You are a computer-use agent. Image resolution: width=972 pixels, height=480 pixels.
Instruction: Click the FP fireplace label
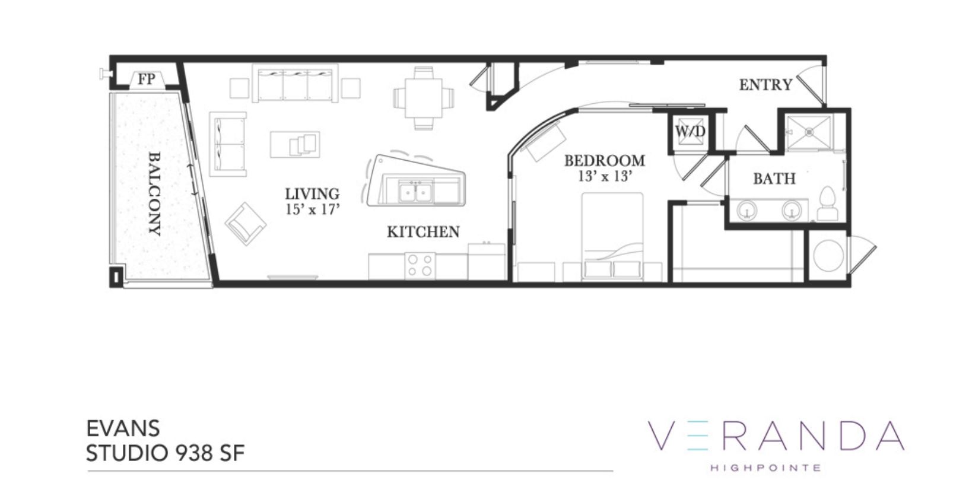click(147, 80)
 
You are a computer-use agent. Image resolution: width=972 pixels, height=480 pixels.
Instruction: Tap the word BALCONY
click(154, 193)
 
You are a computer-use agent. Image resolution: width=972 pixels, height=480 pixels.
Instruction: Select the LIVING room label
click(312, 193)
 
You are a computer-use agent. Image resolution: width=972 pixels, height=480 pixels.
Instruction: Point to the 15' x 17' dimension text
click(312, 209)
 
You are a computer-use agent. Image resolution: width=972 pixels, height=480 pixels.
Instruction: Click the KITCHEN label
click(423, 232)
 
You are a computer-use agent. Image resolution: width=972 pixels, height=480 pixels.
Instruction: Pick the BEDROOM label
click(605, 161)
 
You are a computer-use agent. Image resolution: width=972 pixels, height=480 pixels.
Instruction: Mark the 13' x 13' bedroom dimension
click(605, 176)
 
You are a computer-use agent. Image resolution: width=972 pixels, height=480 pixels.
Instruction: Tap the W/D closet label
click(690, 131)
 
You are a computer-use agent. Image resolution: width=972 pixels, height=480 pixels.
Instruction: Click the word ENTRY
click(766, 85)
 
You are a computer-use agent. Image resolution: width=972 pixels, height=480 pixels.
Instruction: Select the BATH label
click(774, 179)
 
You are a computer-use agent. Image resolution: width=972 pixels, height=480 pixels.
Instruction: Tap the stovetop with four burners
click(420, 265)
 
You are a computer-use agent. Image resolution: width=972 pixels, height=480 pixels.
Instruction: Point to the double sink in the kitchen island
click(415, 192)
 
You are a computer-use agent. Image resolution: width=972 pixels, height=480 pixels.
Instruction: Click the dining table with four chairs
click(424, 98)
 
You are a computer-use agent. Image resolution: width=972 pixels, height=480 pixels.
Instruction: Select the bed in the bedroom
click(612, 236)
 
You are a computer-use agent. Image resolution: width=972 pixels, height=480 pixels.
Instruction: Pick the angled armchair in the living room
click(246, 224)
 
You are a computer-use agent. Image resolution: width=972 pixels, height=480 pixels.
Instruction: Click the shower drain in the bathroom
click(809, 131)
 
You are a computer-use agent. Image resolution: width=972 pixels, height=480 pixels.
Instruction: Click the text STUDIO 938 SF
click(166, 453)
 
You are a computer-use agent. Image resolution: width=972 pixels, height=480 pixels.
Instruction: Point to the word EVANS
click(123, 428)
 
